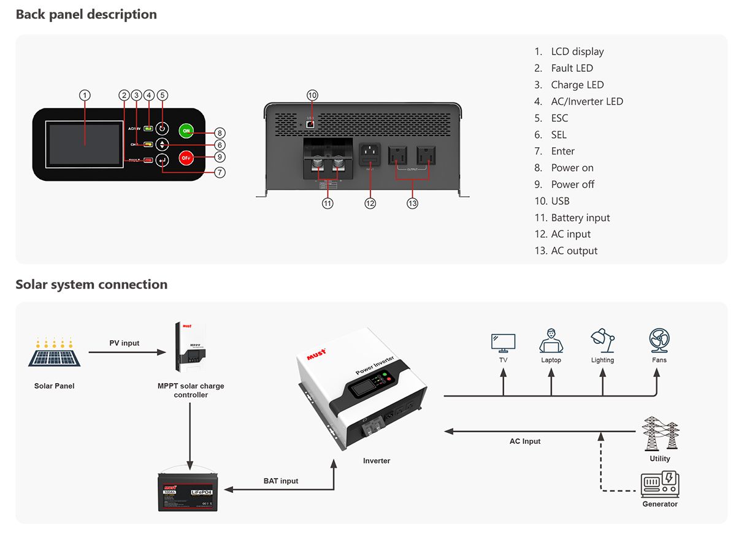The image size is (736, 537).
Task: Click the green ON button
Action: (x=186, y=131)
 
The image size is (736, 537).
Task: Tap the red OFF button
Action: (x=186, y=158)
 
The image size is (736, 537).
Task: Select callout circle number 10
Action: (x=312, y=95)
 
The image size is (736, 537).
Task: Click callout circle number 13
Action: (x=412, y=203)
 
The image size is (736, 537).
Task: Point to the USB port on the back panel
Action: (x=311, y=123)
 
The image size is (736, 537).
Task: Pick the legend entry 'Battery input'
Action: (x=580, y=218)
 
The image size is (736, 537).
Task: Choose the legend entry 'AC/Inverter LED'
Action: (x=586, y=102)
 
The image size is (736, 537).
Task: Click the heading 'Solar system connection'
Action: (x=91, y=284)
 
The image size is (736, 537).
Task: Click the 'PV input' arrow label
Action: (x=125, y=343)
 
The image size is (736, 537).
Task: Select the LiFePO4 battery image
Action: (x=190, y=490)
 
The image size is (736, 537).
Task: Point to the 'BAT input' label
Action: (x=281, y=481)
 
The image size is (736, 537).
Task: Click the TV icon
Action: (x=503, y=342)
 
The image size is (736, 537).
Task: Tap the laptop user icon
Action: (x=551, y=341)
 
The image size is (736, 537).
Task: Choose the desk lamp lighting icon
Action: (x=602, y=341)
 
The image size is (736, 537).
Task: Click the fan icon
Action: (x=659, y=340)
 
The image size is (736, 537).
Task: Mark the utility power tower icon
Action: (x=660, y=433)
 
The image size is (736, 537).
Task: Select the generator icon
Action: (x=660, y=484)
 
